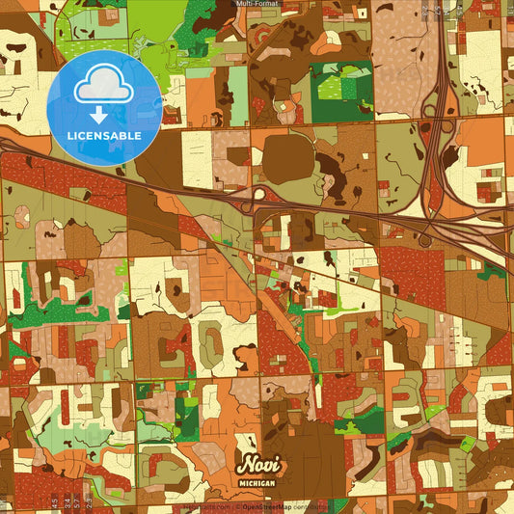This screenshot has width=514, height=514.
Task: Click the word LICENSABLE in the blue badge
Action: (104, 136)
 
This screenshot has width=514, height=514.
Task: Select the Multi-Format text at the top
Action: (257, 5)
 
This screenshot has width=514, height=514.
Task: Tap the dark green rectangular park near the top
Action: (342, 92)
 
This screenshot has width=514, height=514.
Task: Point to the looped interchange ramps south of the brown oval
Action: (258, 200)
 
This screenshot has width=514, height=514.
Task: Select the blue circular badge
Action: (104, 108)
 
